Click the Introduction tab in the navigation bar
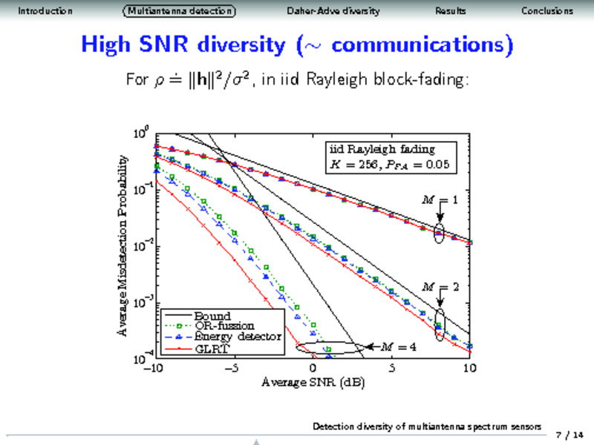(x=45, y=11)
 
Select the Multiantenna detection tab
(x=179, y=11)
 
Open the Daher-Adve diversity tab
(x=333, y=11)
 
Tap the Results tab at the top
(x=451, y=11)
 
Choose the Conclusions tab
(x=547, y=11)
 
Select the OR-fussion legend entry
(x=224, y=326)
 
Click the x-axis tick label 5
(x=391, y=369)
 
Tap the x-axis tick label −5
(x=232, y=369)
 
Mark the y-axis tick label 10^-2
(x=140, y=245)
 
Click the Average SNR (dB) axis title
(x=312, y=383)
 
